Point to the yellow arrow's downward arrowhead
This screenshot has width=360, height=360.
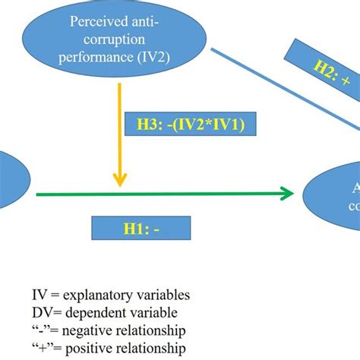tap(119, 181)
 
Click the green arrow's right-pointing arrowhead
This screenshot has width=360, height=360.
tap(287, 194)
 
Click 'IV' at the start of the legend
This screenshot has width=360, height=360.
tap(39, 295)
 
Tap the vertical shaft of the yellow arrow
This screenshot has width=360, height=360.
tap(119, 129)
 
